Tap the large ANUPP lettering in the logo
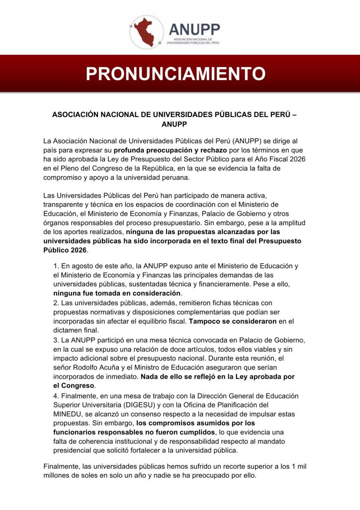(194, 29)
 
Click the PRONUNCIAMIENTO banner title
(176, 74)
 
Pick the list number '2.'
(56, 303)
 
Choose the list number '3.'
(56, 340)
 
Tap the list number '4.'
(56, 396)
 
